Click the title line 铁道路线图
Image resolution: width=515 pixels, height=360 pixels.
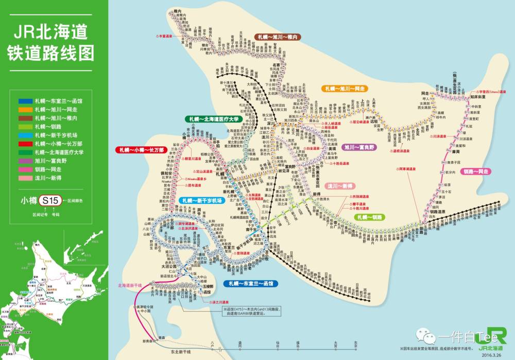pyautogui.click(x=54, y=53)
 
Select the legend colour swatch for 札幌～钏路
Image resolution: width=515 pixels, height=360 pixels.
pyautogui.click(x=25, y=126)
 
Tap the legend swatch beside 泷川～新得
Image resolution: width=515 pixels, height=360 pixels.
pyautogui.click(x=25, y=178)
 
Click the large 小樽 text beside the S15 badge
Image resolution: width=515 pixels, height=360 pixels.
pyautogui.click(x=29, y=200)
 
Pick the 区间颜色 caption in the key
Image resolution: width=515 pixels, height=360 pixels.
pyautogui.click(x=75, y=200)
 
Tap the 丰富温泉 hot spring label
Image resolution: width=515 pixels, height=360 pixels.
pyautogui.click(x=165, y=36)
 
